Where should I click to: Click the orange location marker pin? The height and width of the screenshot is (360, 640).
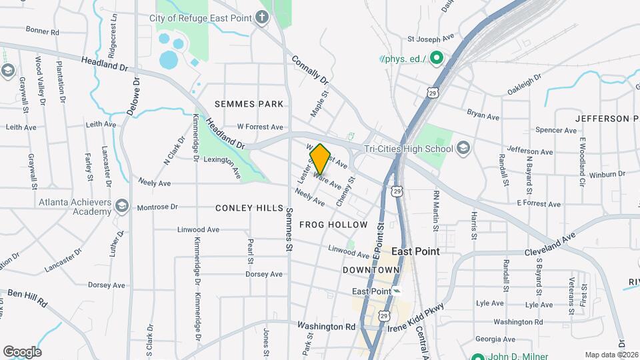tap(320, 159)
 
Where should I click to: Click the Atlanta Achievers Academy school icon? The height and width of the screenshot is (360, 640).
tap(121, 205)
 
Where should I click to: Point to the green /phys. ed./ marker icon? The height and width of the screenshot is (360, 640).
tap(436, 59)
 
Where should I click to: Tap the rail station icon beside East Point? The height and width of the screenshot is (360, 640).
tap(397, 291)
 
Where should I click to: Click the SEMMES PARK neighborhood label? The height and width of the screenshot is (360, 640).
tap(249, 104)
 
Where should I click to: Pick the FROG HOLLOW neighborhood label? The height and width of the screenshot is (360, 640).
tap(333, 225)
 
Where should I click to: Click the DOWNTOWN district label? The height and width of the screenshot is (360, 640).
tap(371, 269)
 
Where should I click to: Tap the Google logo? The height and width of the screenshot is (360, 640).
tap(22, 351)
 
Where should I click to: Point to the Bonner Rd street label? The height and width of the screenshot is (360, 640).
tap(42, 31)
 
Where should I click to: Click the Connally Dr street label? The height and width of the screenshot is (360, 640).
tap(310, 69)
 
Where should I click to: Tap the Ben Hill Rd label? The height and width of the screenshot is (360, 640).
tap(27, 298)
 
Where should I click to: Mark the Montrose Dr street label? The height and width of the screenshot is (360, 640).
tap(157, 207)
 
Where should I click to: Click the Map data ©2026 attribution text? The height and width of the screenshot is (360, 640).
tap(611, 355)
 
